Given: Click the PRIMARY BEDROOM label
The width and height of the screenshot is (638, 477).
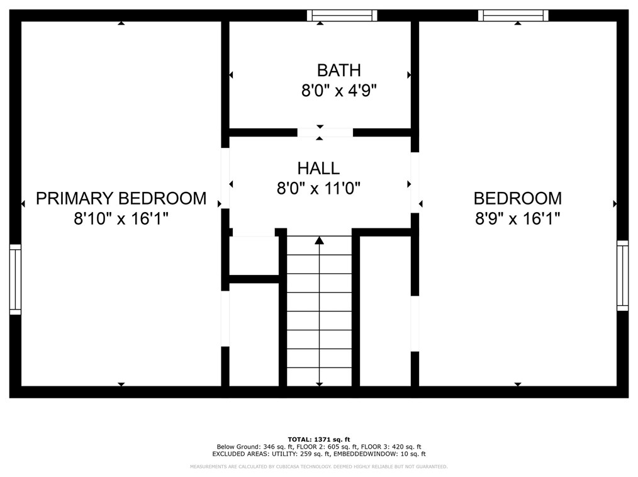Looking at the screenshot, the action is click(x=121, y=199).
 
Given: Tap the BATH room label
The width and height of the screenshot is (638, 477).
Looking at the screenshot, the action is click(x=339, y=70).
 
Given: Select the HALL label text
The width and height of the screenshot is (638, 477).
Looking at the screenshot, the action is click(x=318, y=169).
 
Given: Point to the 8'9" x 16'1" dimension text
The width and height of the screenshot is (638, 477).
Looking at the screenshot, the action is click(x=518, y=219).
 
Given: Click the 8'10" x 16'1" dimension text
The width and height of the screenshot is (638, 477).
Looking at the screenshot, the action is click(x=121, y=219).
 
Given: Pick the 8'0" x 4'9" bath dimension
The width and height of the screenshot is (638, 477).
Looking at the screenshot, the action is click(x=339, y=91).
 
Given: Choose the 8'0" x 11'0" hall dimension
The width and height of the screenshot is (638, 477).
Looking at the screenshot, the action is click(x=318, y=188).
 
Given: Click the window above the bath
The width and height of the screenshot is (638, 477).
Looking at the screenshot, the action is click(x=342, y=16).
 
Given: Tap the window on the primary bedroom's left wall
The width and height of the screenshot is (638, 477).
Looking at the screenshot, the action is click(x=15, y=279).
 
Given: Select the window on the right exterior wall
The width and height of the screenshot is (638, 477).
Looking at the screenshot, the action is click(x=622, y=276).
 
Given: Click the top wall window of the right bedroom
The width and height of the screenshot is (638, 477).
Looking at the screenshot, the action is click(x=513, y=16).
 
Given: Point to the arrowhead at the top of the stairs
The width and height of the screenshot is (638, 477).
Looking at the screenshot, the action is click(x=320, y=240).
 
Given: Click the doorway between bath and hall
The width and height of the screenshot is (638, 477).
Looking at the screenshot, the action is click(x=325, y=133).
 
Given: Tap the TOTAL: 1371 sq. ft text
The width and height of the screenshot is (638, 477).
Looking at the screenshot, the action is click(x=318, y=439).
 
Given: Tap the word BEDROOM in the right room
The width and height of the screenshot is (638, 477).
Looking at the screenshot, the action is click(x=518, y=199).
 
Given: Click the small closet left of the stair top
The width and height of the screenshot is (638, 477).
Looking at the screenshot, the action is click(x=254, y=255).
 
